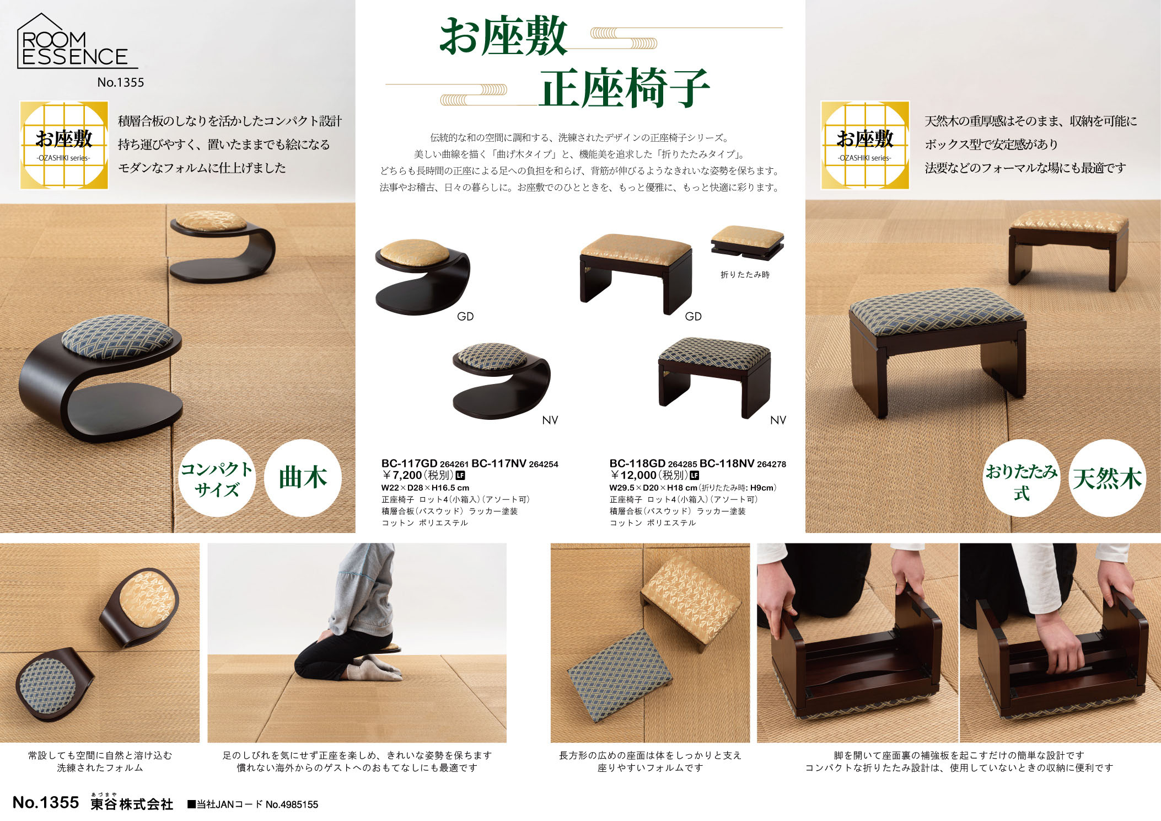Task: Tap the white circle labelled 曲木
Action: pos(303,478)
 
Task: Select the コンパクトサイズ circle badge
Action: pos(217,478)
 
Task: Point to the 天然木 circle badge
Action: pos(1107,478)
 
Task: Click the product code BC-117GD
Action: pos(409,464)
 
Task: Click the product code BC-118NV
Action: pos(727,464)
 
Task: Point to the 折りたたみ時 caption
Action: pos(745,275)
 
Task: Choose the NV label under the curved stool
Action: pos(550,420)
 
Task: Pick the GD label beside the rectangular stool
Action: pos(693,317)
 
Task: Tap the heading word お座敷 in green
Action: pos(503,36)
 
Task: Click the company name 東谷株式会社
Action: pos(132,804)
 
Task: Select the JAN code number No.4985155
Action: pos(292,805)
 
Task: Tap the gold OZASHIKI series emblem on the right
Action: pos(865,145)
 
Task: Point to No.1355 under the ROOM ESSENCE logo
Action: pos(120,83)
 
